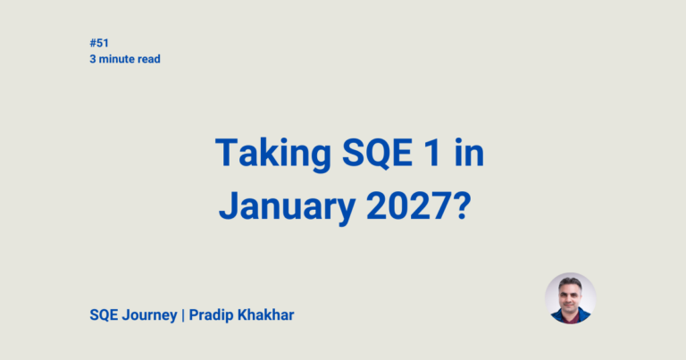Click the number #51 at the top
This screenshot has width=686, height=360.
[x=98, y=42]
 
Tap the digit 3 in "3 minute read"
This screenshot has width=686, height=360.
[x=92, y=59]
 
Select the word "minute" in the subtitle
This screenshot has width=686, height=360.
[x=117, y=59]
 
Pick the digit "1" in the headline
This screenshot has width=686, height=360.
[x=428, y=154]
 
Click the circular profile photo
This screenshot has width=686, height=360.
[x=570, y=297]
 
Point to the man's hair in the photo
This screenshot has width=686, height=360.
[x=570, y=282]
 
